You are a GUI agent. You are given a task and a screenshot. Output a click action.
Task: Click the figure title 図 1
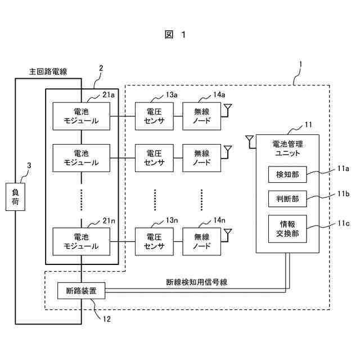pos(175,35)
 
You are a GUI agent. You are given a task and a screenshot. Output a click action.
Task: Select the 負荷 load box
pos(15,197)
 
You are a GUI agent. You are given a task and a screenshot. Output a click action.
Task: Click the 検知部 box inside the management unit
pos(287,174)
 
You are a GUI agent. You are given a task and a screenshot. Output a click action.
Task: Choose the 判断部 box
pos(287,199)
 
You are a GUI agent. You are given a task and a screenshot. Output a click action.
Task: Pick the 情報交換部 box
pos(287,229)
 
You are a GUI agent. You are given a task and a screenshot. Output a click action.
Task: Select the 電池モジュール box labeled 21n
pos(82,241)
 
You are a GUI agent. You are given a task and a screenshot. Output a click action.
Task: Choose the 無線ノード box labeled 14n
pos(201,241)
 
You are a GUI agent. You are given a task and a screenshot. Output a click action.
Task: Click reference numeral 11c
pos(343,223)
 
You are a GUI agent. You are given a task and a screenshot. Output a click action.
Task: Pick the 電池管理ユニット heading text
pos(287,147)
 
